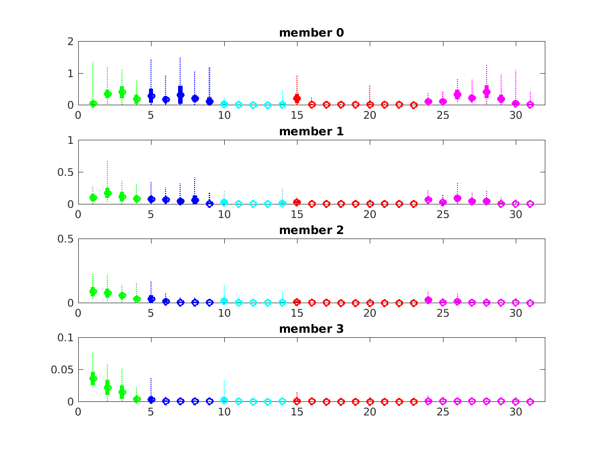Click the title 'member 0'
[x=311, y=33]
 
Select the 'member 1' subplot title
[x=311, y=132]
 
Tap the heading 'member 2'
[x=311, y=231]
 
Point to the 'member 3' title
[x=311, y=329]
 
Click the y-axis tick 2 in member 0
[x=70, y=42]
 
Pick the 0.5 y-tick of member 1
[x=65, y=172]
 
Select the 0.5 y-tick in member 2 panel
[x=65, y=239]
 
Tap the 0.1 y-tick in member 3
[x=65, y=338]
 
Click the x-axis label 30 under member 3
[x=516, y=411]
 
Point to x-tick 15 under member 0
[x=297, y=115]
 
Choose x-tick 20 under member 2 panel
[x=370, y=312]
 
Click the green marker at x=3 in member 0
[x=122, y=92]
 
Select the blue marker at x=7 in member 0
[x=181, y=95]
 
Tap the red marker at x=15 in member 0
[x=297, y=99]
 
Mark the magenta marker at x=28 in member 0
[x=487, y=92]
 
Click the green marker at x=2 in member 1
[x=107, y=193]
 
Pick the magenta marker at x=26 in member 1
[x=458, y=198]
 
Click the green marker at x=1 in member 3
[x=93, y=378]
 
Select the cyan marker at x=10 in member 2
[x=224, y=301]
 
